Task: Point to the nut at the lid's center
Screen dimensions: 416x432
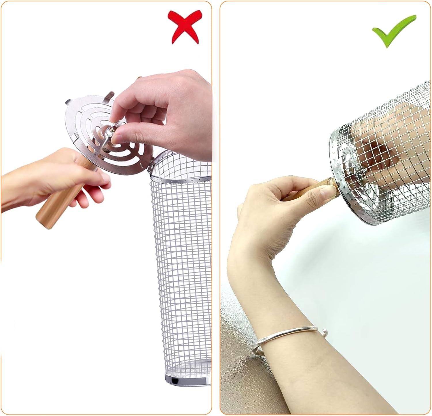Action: pos(110,132)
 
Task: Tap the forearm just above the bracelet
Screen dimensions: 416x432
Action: pos(276,302)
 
